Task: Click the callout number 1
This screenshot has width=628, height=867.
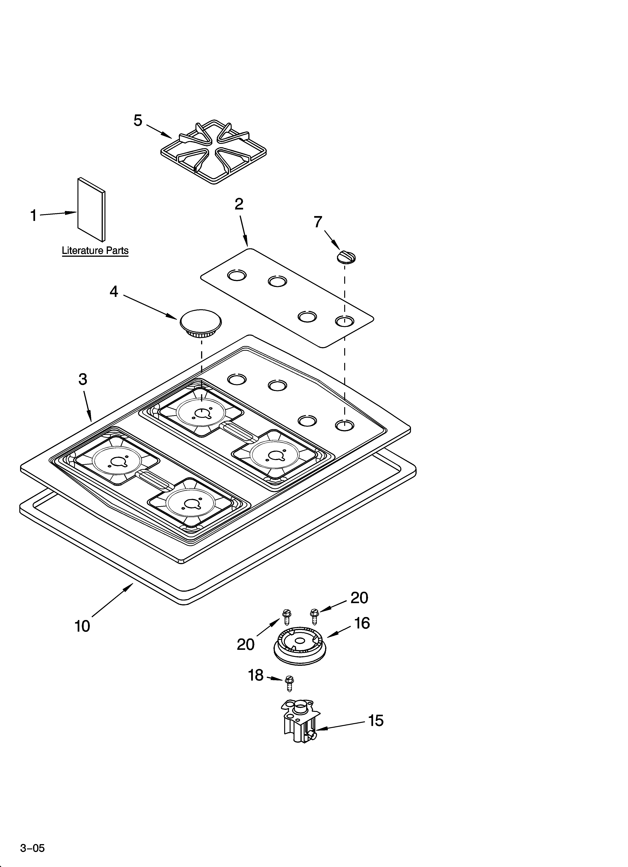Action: coord(34,216)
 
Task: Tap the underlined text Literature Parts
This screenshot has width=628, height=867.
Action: coord(95,251)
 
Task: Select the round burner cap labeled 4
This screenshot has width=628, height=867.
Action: coord(200,323)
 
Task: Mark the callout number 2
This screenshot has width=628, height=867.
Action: coord(239,204)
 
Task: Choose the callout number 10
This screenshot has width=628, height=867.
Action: coord(82,626)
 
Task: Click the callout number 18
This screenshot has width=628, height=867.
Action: coord(256,676)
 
